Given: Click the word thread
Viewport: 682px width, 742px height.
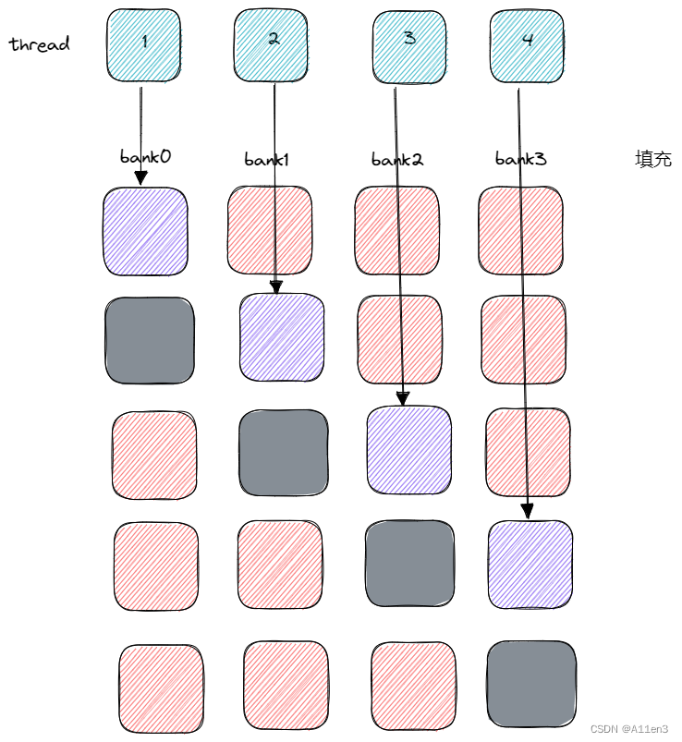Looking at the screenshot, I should (x=40, y=43).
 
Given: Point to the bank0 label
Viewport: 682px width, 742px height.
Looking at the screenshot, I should (x=145, y=155).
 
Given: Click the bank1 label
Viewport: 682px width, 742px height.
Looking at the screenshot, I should (x=267, y=159).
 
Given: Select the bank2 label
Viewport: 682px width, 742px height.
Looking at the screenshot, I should (x=397, y=159).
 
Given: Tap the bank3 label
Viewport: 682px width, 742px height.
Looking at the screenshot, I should (x=520, y=159).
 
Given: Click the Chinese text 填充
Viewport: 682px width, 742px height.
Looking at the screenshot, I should (x=652, y=158).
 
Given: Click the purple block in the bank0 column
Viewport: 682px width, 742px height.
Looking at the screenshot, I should (x=145, y=231).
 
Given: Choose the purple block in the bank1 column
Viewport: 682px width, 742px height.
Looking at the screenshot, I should (x=282, y=337).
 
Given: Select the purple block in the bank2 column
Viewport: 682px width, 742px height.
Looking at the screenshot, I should (x=408, y=449).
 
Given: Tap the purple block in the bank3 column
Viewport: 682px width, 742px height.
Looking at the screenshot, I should (x=530, y=564).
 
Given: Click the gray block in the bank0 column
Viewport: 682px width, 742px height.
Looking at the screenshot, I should (x=150, y=341).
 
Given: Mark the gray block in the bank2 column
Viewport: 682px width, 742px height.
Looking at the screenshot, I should (x=409, y=564).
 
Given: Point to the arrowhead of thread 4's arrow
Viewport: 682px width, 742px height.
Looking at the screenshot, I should (x=527, y=510).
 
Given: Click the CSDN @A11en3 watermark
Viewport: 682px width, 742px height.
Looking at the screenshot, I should (x=628, y=728).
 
